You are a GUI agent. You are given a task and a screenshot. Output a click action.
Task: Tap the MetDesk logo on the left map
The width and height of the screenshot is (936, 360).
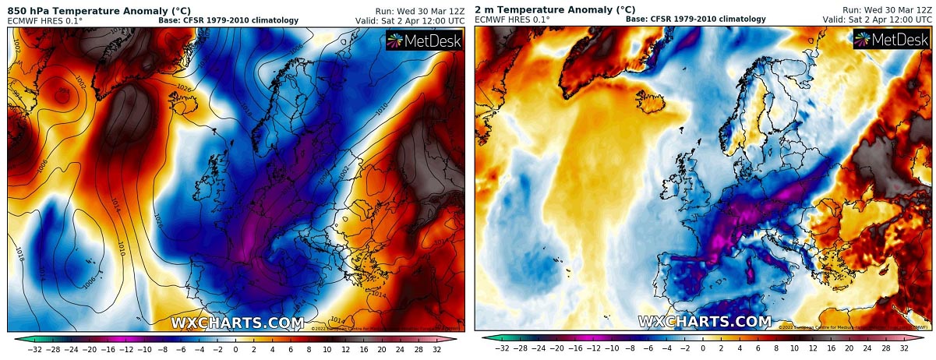click(424, 41)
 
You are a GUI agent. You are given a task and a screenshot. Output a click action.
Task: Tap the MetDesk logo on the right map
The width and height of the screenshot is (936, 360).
click(892, 40)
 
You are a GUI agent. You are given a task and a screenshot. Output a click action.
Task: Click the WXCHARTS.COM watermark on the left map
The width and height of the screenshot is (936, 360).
click(237, 322)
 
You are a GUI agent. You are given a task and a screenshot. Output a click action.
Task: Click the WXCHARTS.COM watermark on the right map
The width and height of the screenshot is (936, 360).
click(705, 321)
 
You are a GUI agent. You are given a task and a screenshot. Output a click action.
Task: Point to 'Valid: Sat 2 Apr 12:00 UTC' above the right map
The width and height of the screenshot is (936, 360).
click(876, 20)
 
